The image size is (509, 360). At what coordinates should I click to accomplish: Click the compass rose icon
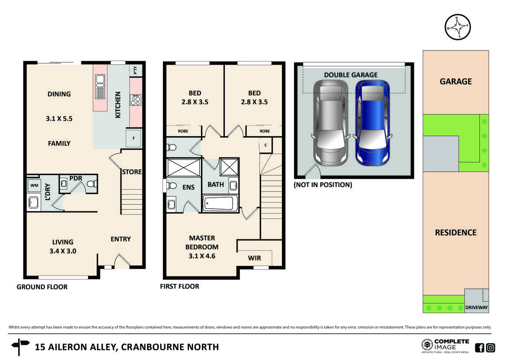458,27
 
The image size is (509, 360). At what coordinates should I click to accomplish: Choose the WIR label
254,258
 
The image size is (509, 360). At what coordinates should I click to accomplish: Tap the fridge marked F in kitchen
133,138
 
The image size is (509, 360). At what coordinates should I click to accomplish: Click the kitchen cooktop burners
135,100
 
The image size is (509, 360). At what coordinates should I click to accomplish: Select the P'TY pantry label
135,70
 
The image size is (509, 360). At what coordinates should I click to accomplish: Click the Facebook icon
479,348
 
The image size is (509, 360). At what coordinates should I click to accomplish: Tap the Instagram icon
490,348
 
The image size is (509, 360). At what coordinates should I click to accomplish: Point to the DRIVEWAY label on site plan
477,307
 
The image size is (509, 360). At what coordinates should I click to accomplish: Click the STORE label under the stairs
131,172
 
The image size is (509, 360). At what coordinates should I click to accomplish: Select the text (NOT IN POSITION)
323,185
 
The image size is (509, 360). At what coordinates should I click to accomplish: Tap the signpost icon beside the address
20,347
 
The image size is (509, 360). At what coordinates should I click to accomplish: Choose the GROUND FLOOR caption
42,287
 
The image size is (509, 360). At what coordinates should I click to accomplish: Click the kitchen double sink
100,86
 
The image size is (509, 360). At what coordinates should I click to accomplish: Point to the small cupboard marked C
265,145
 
